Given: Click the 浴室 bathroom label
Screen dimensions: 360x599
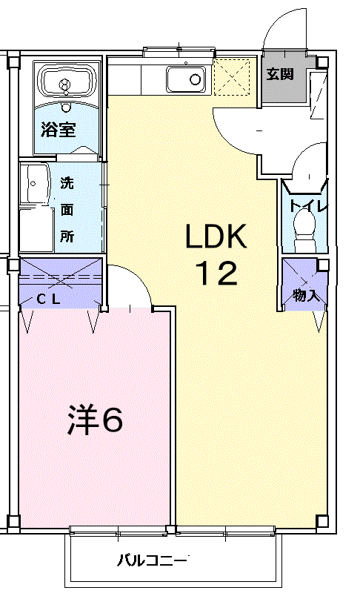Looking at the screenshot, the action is tap(59, 130).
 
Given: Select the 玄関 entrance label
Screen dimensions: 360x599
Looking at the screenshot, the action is tap(280, 73).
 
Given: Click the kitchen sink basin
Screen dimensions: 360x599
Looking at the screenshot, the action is tap(186, 79).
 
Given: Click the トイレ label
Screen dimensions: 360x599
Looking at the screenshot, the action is tap(307, 206).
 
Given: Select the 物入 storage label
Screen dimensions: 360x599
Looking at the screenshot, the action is tap(306, 295).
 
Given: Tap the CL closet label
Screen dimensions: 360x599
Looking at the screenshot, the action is tap(48, 299).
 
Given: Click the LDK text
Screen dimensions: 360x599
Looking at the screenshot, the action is tap(216, 236).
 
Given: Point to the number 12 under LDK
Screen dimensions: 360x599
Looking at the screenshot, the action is tap(216, 274).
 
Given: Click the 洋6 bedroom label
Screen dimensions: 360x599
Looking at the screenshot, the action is tap(95, 420).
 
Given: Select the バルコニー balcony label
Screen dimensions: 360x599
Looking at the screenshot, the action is tap(152, 560).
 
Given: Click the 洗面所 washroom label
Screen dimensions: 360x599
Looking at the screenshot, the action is tap(67, 210).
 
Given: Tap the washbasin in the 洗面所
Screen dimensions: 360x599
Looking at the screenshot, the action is tap(35, 183).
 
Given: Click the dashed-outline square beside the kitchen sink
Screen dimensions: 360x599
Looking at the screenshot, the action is tap(233, 78).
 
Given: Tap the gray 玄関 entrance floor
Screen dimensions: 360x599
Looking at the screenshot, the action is tap(284, 79).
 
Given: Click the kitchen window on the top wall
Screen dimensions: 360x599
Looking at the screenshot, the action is tap(179, 52).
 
